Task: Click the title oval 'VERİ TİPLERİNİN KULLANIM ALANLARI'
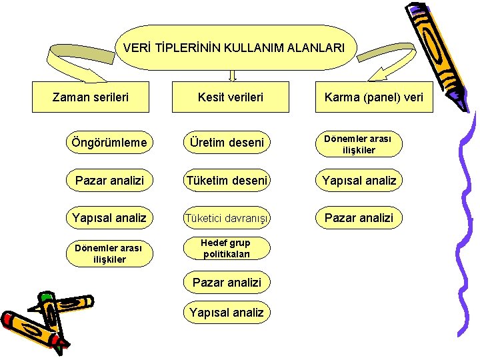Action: pyautogui.click(x=234, y=48)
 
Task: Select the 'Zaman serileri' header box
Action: pyautogui.click(x=91, y=97)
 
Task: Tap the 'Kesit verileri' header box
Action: pyautogui.click(x=231, y=97)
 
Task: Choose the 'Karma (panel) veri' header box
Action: pyautogui.click(x=373, y=97)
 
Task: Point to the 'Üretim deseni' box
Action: pyautogui.click(x=227, y=143)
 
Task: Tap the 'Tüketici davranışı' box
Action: pyautogui.click(x=227, y=217)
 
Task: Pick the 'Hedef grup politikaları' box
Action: pyautogui.click(x=227, y=248)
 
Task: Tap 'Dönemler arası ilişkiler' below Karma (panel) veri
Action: pyautogui.click(x=359, y=144)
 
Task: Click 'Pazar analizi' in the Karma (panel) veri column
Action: pyautogui.click(x=359, y=217)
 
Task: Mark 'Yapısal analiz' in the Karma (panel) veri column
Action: pyautogui.click(x=359, y=180)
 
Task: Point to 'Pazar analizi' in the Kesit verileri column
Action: pyautogui.click(x=227, y=283)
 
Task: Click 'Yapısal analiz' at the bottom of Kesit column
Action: pyautogui.click(x=227, y=312)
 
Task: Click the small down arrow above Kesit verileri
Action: pyautogui.click(x=233, y=75)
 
